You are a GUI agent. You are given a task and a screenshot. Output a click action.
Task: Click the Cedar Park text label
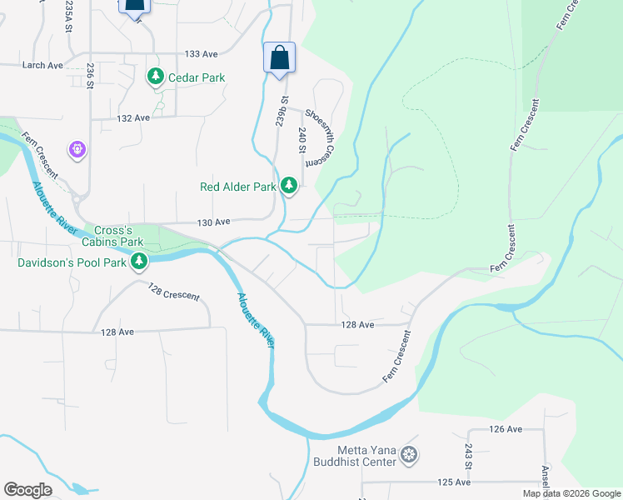(197, 77)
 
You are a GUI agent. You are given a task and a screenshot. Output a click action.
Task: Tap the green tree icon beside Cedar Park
(155, 77)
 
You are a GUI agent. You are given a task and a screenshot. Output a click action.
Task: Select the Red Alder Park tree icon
(289, 185)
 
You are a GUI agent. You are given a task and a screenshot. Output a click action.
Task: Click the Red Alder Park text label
(237, 187)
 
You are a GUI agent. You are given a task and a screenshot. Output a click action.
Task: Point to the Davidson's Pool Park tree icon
(139, 262)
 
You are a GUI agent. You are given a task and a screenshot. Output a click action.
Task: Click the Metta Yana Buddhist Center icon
(408, 455)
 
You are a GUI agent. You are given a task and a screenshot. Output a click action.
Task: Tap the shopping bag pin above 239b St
(280, 58)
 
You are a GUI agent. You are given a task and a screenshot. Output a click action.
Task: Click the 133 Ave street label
(201, 54)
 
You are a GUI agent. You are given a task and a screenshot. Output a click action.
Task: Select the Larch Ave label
(43, 65)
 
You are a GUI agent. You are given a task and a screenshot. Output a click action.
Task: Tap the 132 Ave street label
(132, 118)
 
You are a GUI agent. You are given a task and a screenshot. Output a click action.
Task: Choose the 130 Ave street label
(212, 222)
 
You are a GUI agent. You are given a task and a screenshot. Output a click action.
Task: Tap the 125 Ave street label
(455, 482)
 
